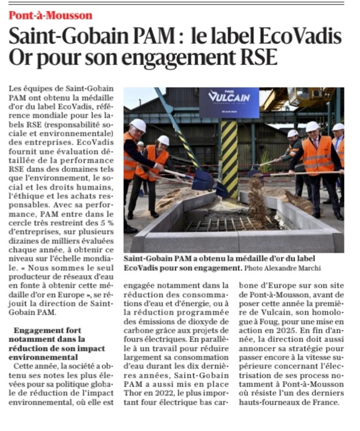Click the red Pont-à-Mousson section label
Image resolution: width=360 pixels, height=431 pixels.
51,14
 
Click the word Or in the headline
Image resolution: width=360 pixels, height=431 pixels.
21,58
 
